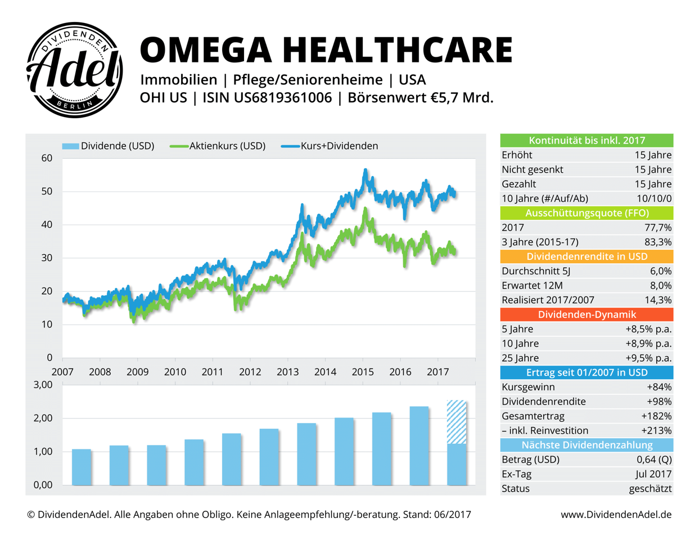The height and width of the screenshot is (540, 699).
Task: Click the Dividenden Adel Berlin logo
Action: point(74,70)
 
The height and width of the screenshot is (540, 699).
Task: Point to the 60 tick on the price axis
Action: point(47,158)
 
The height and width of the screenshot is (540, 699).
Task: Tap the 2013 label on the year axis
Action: point(288,372)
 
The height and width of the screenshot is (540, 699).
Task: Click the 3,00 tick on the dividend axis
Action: point(43,385)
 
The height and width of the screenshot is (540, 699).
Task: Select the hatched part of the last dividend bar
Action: point(457,422)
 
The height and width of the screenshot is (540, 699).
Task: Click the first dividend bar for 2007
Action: point(82,467)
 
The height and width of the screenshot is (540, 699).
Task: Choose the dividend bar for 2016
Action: point(419,445)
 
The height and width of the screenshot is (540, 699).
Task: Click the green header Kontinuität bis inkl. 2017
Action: point(587,141)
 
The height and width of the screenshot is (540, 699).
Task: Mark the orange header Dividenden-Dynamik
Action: point(587,314)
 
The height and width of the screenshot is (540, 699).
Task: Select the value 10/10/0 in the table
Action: point(653,199)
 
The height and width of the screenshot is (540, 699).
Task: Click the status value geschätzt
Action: point(650,489)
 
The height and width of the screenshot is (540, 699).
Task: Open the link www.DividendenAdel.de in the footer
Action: point(616,515)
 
